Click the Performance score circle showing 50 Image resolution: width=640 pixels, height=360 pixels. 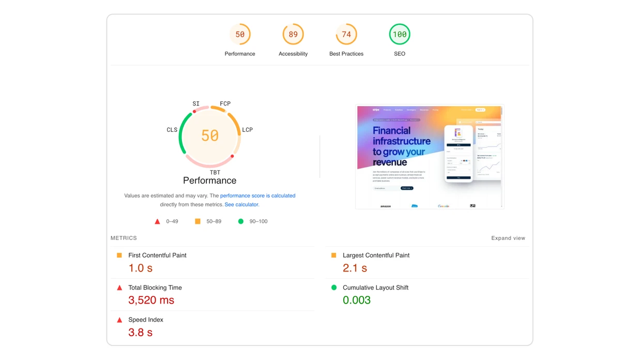(x=240, y=35)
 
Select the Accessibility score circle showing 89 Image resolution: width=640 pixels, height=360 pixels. (x=293, y=35)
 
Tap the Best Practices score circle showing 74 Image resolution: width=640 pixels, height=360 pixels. (x=346, y=35)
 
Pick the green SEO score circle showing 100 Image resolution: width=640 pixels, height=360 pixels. (x=400, y=35)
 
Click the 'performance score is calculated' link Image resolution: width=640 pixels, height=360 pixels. (x=257, y=196)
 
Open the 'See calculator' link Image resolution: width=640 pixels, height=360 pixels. (x=241, y=204)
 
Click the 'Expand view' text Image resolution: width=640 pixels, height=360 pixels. (x=508, y=238)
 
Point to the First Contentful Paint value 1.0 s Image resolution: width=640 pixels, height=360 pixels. (x=141, y=268)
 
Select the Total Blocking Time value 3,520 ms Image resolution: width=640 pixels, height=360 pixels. (x=151, y=300)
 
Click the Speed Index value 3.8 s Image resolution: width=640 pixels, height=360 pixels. (x=141, y=332)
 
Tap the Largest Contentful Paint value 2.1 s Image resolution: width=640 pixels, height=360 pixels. (x=355, y=268)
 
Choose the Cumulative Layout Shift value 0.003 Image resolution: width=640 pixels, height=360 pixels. (x=357, y=300)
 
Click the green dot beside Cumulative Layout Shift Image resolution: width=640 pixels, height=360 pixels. (x=334, y=288)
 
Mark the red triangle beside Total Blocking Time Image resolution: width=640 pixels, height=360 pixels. (x=119, y=288)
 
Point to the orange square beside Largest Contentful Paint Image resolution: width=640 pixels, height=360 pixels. (x=334, y=256)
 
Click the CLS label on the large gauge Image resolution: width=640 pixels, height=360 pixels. (x=172, y=130)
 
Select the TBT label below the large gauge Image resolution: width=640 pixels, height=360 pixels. (x=215, y=172)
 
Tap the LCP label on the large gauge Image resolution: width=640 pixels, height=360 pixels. (x=248, y=130)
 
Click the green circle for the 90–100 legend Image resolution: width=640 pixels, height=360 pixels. (x=240, y=221)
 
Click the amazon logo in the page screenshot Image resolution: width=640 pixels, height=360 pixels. (x=386, y=206)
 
